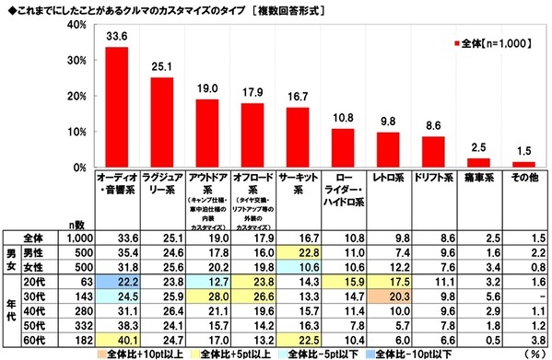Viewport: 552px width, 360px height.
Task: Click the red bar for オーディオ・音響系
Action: tap(116, 107)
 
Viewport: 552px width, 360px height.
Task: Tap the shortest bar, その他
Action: tap(523, 164)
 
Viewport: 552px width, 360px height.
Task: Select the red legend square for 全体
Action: tap(456, 43)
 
